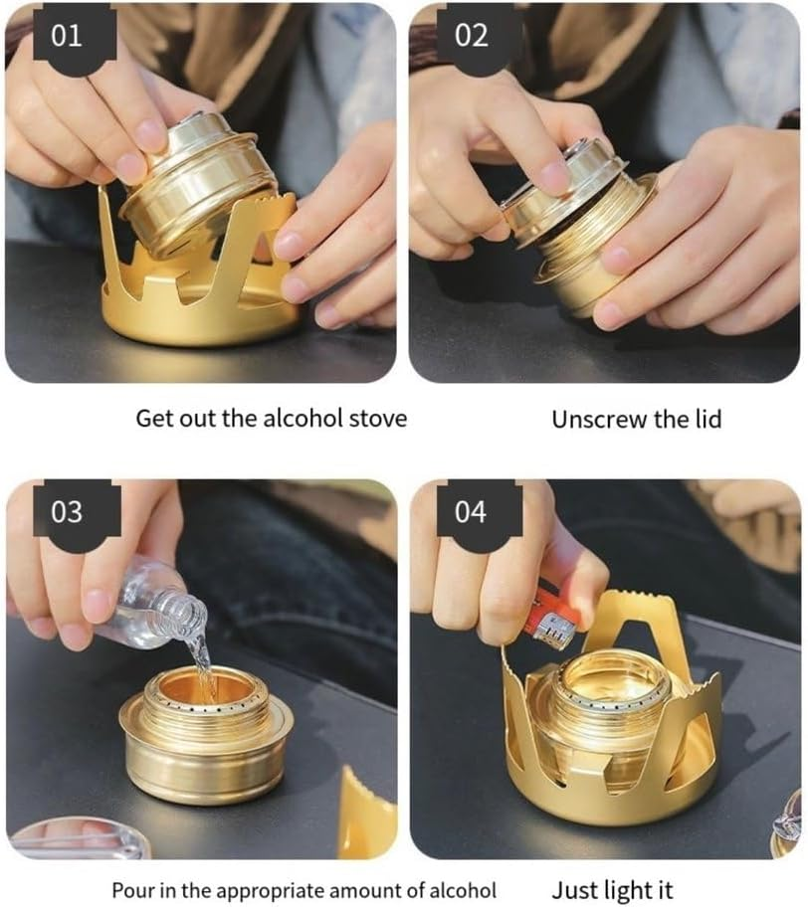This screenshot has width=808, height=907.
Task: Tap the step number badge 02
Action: (x=471, y=36)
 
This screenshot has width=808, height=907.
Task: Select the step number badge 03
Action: (x=66, y=512)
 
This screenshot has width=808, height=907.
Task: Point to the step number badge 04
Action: (x=471, y=512)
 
